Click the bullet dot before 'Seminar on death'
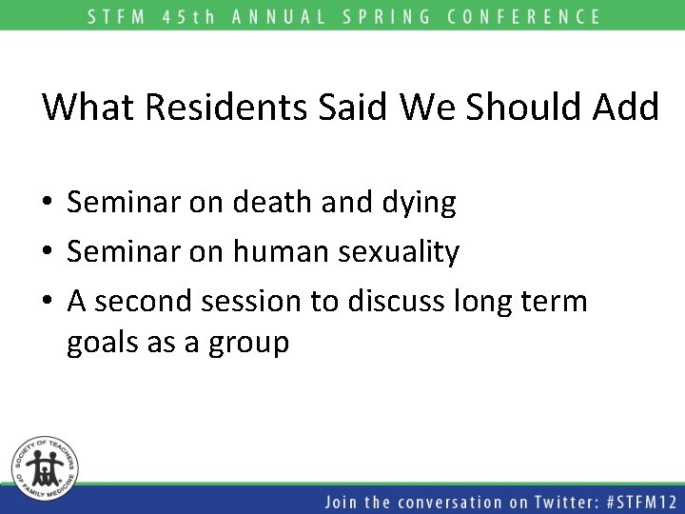click(x=47, y=203)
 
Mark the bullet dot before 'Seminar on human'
click(x=47, y=253)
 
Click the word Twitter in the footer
click(x=548, y=501)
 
